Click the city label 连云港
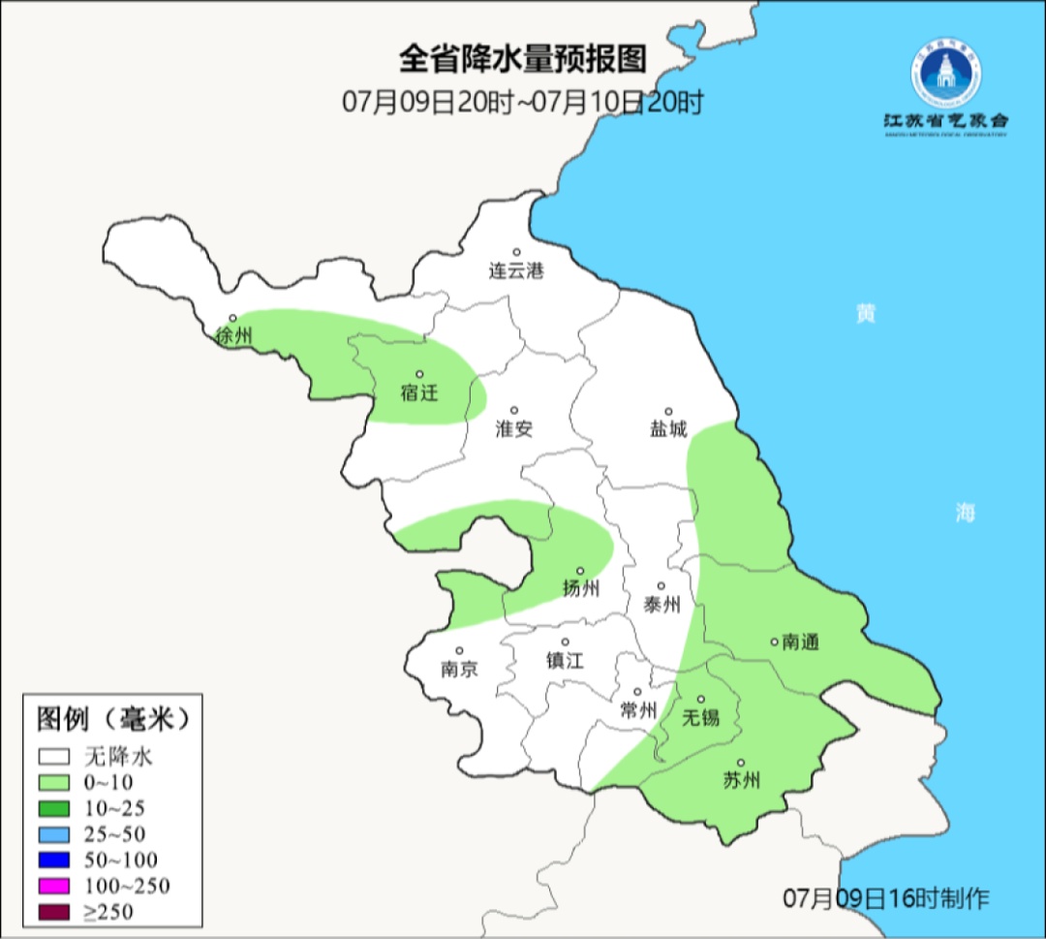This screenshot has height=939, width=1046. click(x=516, y=271)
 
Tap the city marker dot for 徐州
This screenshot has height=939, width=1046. click(x=232, y=318)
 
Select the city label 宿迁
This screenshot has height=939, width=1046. click(x=419, y=392)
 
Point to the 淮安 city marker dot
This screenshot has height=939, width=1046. click(x=515, y=411)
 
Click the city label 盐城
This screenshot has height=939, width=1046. click(x=668, y=429)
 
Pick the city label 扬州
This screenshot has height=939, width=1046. click(x=581, y=588)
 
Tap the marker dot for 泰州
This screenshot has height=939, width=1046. click(x=661, y=586)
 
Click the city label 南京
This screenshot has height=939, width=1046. click(x=459, y=669)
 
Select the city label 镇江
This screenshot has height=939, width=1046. click(x=565, y=660)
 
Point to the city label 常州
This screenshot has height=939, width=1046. click(x=638, y=709)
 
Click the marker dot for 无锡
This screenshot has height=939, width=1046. click(x=701, y=699)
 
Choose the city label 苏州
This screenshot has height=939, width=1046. click(x=741, y=780)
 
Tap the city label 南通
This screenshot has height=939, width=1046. click(x=800, y=642)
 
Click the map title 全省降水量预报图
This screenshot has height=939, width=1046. click(x=522, y=60)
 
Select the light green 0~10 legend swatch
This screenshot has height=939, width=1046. click(x=54, y=782)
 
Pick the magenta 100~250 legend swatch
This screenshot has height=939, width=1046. click(x=54, y=886)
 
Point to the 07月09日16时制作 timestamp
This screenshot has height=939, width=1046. click(x=886, y=898)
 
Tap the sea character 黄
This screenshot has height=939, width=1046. click(x=865, y=314)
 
